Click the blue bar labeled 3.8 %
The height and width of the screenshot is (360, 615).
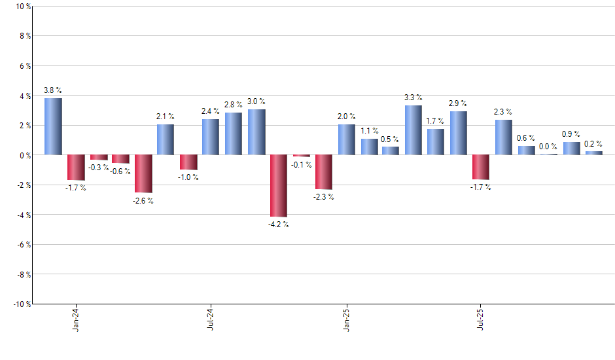click(53, 126)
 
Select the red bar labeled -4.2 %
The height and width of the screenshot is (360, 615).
click(279, 186)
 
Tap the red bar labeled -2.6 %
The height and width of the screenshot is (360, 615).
click(143, 174)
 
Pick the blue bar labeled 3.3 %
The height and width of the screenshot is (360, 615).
click(413, 130)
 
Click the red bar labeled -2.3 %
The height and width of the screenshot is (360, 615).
click(324, 172)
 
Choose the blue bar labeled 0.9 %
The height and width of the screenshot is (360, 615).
click(571, 149)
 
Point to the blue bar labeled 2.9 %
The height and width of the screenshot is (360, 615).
click(459, 134)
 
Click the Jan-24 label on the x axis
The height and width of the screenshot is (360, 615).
click(76, 319)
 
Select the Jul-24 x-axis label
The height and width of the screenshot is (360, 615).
click(211, 319)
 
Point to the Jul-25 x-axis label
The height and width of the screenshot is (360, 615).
click(481, 319)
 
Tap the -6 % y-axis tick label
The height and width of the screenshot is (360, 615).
click(22, 245)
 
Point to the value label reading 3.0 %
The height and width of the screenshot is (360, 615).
click(256, 101)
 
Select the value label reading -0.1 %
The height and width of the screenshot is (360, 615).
click(301, 165)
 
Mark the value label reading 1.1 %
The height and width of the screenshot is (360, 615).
click(369, 131)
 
